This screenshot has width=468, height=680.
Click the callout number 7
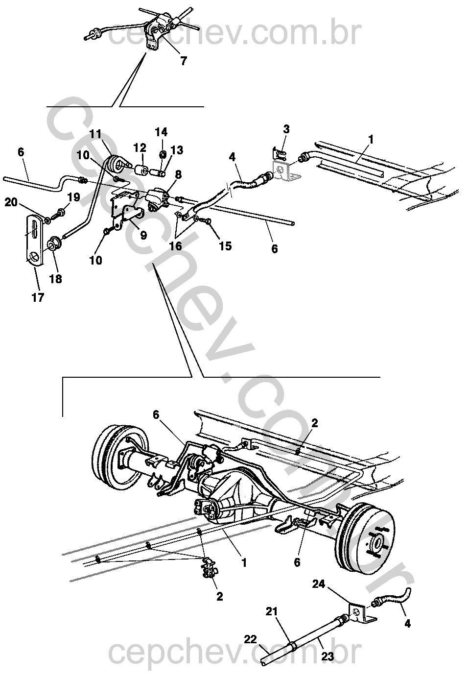[x=184, y=61]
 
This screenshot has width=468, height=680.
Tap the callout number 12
[x=140, y=147]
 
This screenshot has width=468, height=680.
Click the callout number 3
[x=286, y=129]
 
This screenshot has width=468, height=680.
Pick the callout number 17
[x=38, y=297]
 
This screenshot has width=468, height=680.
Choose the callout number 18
[x=56, y=279]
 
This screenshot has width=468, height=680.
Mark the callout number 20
[x=12, y=202]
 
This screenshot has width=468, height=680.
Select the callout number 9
[x=144, y=235]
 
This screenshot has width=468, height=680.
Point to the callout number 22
[x=250, y=640]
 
